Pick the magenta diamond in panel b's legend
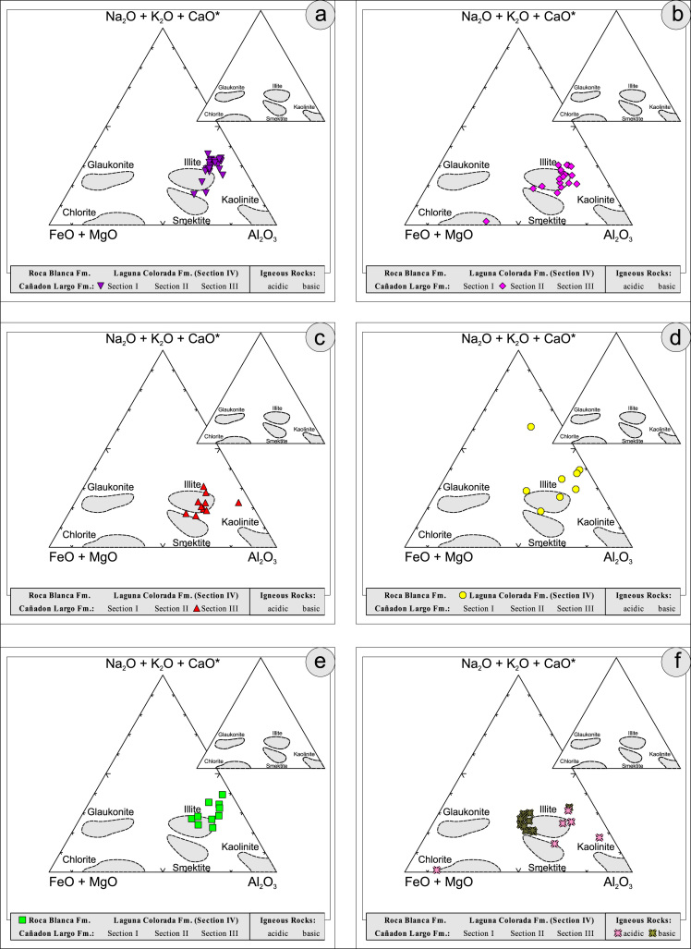503,287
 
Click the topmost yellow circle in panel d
531,426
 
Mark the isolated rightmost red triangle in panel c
238,503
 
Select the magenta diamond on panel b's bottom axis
486,223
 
